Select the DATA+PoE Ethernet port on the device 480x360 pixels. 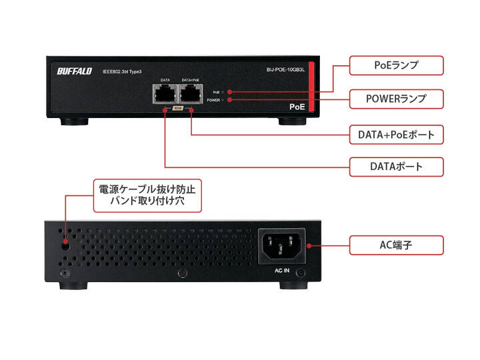pos(191,93)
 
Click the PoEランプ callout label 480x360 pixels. pos(397,65)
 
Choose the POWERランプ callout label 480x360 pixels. pos(396,99)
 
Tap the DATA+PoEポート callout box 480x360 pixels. pos(397,135)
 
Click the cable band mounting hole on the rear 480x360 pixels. pos(66,244)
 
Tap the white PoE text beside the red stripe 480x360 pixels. pos(297,106)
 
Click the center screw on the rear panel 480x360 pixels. pos(181,274)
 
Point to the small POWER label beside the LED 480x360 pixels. pos(214,100)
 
